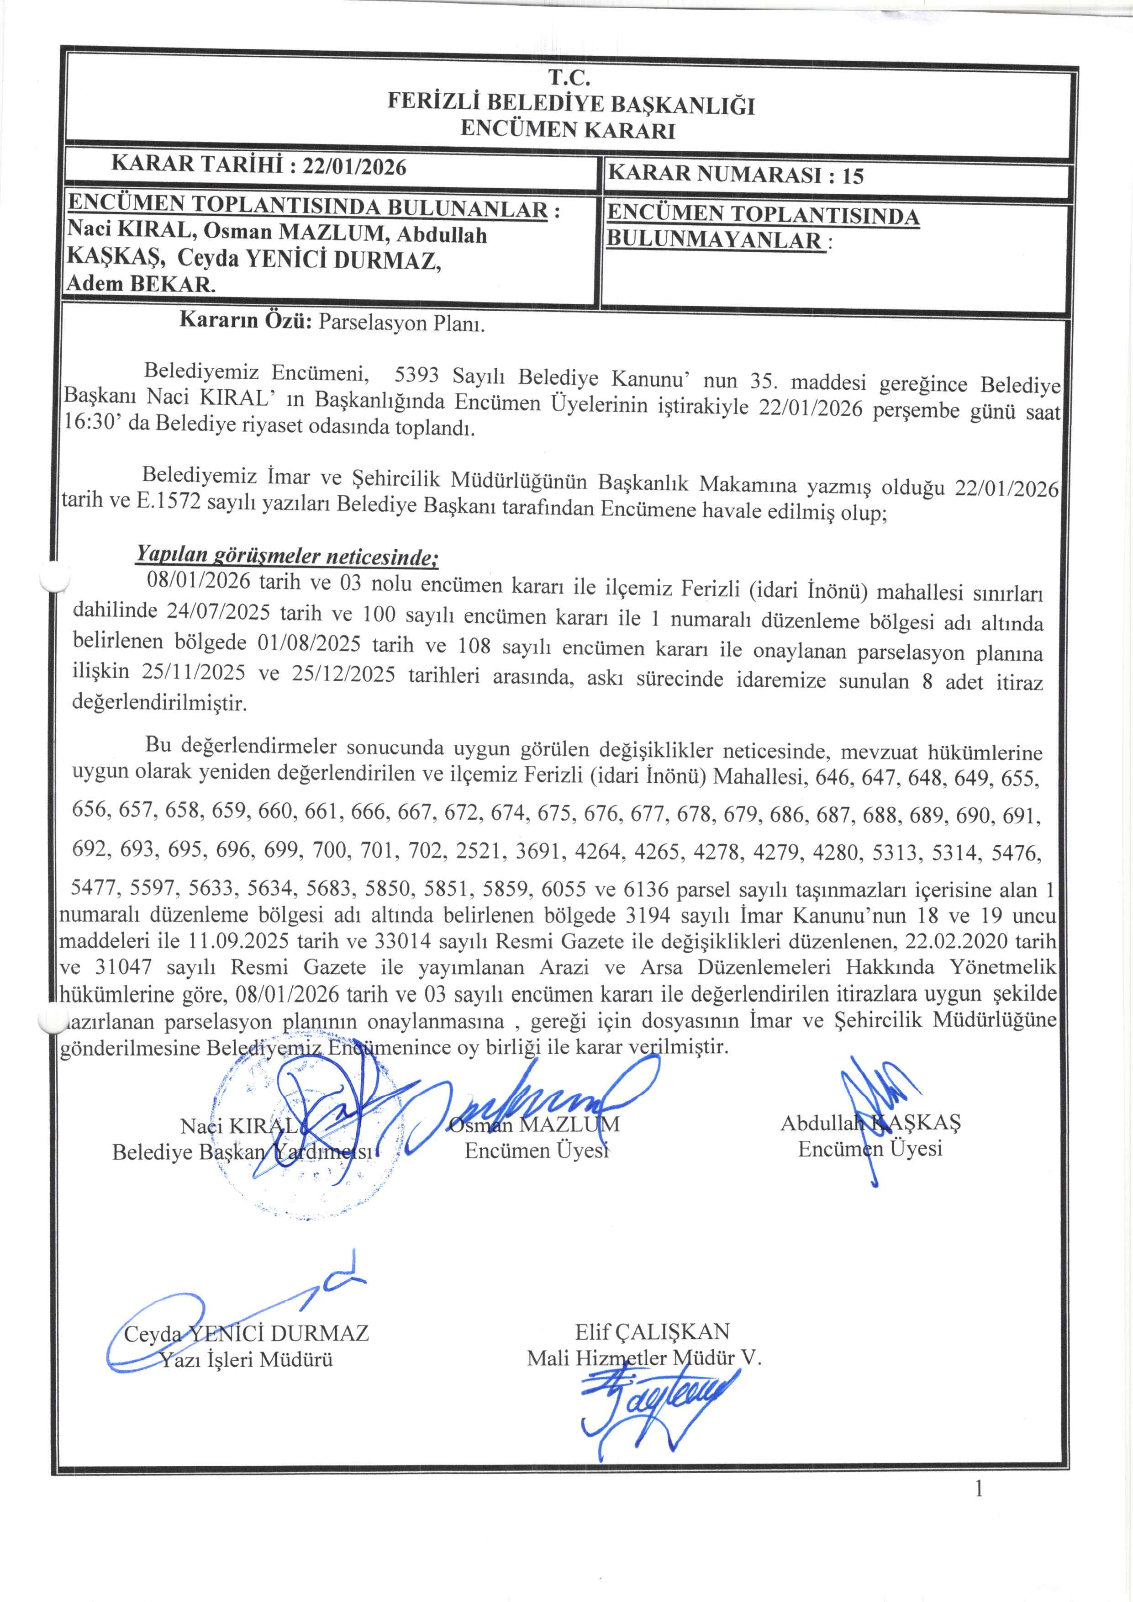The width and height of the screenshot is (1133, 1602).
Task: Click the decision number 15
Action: click(x=853, y=175)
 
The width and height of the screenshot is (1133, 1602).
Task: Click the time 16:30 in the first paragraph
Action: click(x=91, y=423)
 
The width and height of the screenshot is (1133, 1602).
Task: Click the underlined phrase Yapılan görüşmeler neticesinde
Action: click(x=287, y=556)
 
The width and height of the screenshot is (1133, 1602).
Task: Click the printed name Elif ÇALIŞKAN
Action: click(x=652, y=1332)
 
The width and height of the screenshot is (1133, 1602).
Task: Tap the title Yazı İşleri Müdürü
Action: click(x=247, y=1359)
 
